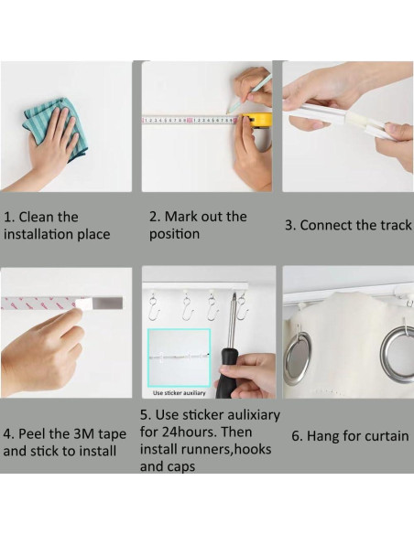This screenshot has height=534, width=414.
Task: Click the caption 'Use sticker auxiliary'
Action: tap(179, 393)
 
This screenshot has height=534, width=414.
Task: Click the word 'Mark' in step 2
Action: tap(180, 217)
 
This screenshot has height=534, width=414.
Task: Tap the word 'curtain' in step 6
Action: tap(387, 436)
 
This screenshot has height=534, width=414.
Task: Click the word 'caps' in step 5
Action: tap(181, 467)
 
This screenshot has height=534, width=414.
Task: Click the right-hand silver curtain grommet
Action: tap(398, 351)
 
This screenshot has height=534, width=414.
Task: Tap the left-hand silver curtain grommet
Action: tap(298, 357)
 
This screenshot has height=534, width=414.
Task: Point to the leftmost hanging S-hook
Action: tap(152, 307)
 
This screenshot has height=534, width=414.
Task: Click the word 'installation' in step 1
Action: tap(38, 234)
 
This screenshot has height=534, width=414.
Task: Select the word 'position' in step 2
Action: tap(174, 235)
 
